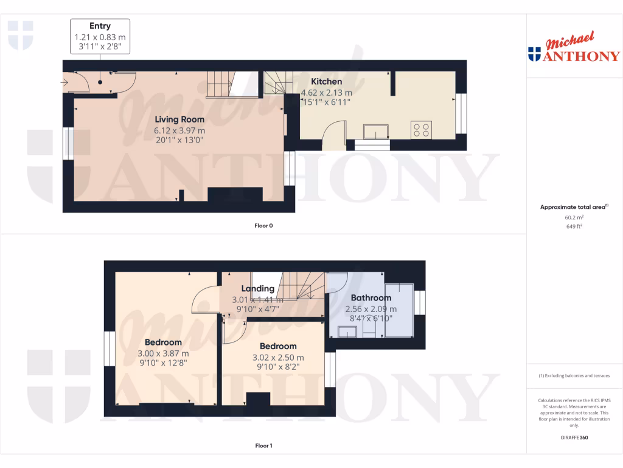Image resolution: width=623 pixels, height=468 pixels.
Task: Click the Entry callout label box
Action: coord(100,37)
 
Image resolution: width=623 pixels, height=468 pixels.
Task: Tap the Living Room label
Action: coord(179,119)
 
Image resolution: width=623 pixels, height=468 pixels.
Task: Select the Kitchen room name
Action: coord(327,82)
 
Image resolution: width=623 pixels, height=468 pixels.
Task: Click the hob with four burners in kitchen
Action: coord(422,130)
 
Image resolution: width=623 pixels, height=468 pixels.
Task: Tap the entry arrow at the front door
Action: coord(65,82)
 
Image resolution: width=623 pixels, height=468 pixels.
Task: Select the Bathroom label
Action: coord(371,298)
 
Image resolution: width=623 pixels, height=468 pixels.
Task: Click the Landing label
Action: coord(258,289)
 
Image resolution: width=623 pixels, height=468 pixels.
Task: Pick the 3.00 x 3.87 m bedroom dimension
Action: coord(162,353)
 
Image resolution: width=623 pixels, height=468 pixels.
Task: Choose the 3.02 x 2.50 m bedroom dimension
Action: coord(277,358)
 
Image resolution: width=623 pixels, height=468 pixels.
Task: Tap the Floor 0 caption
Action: coord(263,225)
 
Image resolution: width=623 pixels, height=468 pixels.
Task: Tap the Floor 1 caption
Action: coord(263,446)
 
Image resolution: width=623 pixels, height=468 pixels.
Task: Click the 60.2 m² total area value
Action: coord(574,217)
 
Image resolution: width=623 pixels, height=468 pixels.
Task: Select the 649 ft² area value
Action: coord(574,226)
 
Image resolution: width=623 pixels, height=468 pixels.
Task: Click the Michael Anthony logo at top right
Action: coord(574,48)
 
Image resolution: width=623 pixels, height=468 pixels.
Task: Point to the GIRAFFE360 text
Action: coord(574,438)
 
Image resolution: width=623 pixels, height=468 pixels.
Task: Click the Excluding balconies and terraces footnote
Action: coord(574,376)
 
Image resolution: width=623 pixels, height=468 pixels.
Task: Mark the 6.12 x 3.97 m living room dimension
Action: coord(179,130)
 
